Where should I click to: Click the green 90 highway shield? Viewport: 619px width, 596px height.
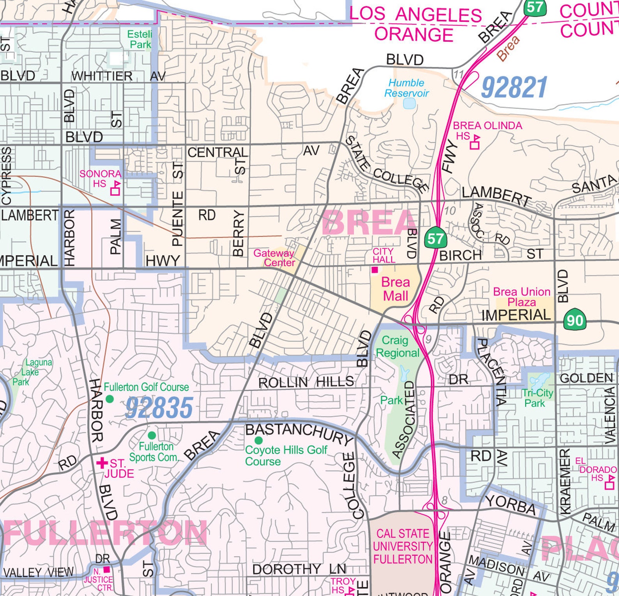click(575, 319)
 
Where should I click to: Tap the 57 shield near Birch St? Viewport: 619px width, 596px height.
click(435, 238)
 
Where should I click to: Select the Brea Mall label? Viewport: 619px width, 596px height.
click(395, 289)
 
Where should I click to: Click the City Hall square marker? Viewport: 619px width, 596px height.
click(375, 270)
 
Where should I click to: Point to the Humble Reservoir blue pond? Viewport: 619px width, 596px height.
click(409, 104)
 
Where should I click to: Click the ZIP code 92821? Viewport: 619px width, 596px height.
click(514, 87)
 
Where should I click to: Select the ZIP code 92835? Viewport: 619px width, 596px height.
click(159, 408)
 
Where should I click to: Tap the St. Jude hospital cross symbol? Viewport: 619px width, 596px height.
click(102, 463)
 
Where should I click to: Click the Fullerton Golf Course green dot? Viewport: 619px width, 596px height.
click(110, 399)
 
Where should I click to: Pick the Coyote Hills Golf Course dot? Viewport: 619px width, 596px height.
click(258, 440)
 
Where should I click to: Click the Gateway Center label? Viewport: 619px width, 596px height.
click(274, 258)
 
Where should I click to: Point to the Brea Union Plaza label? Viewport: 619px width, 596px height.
click(522, 297)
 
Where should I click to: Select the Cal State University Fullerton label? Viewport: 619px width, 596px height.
click(402, 546)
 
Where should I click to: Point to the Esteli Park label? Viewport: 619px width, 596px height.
click(140, 39)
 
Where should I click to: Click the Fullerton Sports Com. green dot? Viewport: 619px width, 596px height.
click(152, 435)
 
